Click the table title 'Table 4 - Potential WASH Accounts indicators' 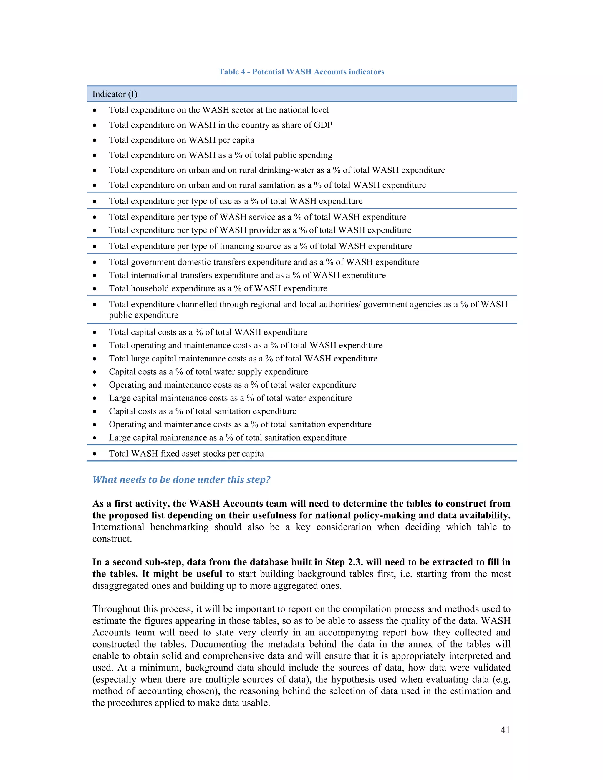pyautogui.click(x=301, y=72)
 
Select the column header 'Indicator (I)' pyautogui.click(x=115, y=94)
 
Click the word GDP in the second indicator pyautogui.click(x=323, y=125)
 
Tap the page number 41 pyautogui.click(x=505, y=730)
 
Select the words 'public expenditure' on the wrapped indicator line pyautogui.click(x=144, y=315)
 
